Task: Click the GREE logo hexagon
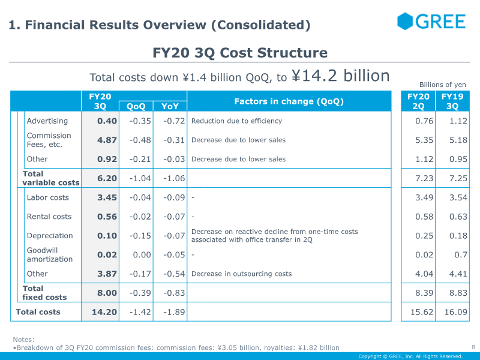pyautogui.click(x=405, y=21)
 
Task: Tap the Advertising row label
pyautogui.click(x=47, y=121)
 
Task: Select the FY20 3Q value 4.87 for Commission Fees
pyautogui.click(x=107, y=140)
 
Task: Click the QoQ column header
pyautogui.click(x=136, y=106)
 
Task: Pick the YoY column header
pyautogui.click(x=170, y=106)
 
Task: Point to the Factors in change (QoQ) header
pyautogui.click(x=289, y=101)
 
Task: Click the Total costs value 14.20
pyautogui.click(x=104, y=312)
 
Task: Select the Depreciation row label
pyautogui.click(x=50, y=236)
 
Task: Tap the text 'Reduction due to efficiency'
pyautogui.click(x=236, y=121)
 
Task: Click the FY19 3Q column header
pyautogui.click(x=452, y=101)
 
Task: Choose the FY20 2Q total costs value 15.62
pyautogui.click(x=422, y=312)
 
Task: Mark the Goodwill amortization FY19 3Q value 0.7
pyautogui.click(x=461, y=254)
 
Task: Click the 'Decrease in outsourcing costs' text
pyautogui.click(x=242, y=274)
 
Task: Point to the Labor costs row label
pyautogui.click(x=48, y=197)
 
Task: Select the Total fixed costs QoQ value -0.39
pyautogui.click(x=140, y=293)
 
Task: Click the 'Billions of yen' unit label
pyautogui.click(x=443, y=85)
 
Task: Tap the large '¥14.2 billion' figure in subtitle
pyautogui.click(x=340, y=76)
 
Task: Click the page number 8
pyautogui.click(x=473, y=347)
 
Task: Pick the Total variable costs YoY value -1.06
pyautogui.click(x=174, y=178)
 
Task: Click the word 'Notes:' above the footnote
pyautogui.click(x=23, y=340)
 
